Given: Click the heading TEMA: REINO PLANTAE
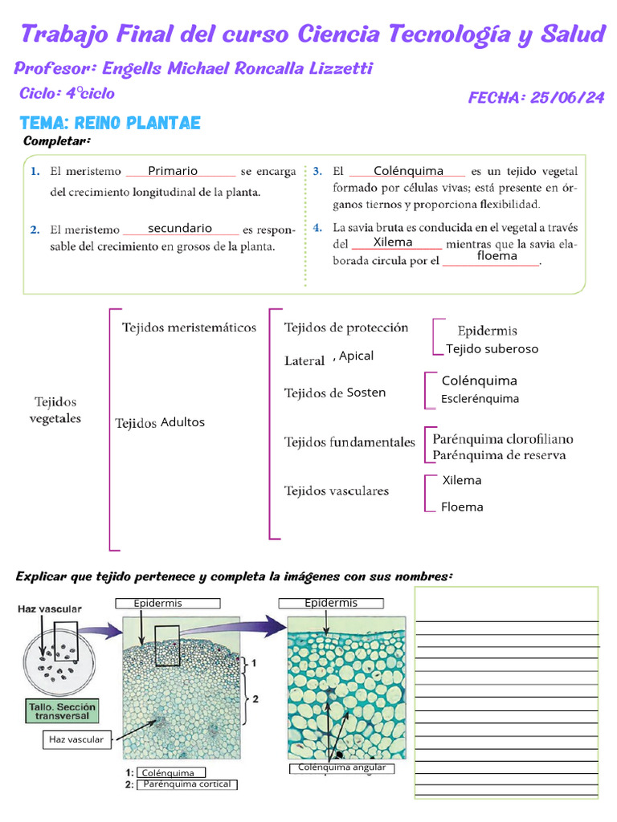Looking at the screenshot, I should pos(110,123).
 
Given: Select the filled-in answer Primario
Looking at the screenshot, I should pos(173,170).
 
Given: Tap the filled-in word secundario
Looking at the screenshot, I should pos(180,228).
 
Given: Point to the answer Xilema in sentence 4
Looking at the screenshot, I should pos(393,242).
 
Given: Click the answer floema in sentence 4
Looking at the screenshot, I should pos(496,256).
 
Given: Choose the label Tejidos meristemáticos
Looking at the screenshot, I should pos(189,328).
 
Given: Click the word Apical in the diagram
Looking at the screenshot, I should pos(356,356).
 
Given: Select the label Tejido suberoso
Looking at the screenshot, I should pos(492,348).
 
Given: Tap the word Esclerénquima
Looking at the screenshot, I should pos(480,399).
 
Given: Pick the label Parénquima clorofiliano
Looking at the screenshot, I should pos(503,439).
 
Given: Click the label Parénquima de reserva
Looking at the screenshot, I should pos(499,455).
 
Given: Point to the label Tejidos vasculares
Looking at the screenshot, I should pos(337,490).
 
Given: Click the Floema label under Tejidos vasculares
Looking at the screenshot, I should pos(462,507).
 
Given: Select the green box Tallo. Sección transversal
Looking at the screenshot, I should pos(60,710).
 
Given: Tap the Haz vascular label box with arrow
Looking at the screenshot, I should pos(76,739).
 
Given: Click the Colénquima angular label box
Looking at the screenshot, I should pos(341,767).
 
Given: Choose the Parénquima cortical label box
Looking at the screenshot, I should pos(187,784).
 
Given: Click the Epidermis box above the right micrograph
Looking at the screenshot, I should pos(331,603).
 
